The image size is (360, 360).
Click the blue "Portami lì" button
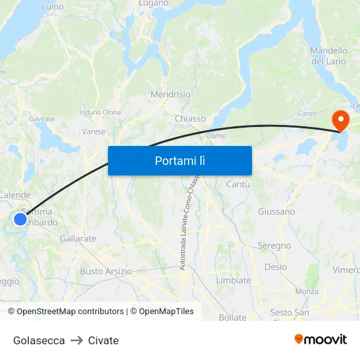[179, 160]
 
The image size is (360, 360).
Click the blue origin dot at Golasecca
[20, 219]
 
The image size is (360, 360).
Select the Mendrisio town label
[170, 94]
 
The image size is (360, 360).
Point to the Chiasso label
[190, 118]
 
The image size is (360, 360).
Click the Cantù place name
[238, 185]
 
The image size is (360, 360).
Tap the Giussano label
[276, 211]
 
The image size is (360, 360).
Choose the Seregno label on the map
[274, 245]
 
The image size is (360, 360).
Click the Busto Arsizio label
[105, 271]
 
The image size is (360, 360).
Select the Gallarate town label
[77, 239]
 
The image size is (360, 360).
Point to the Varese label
[94, 132]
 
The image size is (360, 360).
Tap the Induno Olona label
[100, 113]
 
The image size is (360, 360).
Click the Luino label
[52, 7]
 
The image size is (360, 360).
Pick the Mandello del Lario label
[329, 56]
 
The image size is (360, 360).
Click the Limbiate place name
[233, 280]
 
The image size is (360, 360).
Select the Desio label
[276, 266]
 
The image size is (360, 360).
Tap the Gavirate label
[42, 119]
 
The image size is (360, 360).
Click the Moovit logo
[320, 339]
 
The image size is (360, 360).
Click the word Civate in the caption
[103, 340]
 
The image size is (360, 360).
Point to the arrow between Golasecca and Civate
[77, 340]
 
